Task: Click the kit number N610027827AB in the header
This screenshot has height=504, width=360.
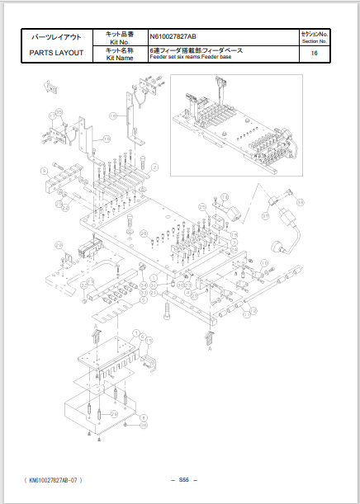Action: click(x=174, y=37)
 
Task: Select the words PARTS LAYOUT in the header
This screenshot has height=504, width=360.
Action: click(x=56, y=52)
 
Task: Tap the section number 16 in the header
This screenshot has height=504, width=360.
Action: click(x=314, y=53)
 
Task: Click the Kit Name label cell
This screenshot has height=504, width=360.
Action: click(x=119, y=53)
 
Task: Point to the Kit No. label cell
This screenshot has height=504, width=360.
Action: click(x=119, y=37)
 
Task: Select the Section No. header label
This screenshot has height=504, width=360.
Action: click(x=314, y=37)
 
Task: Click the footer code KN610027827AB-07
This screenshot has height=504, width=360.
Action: click(x=53, y=480)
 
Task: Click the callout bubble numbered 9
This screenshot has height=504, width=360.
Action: click(x=44, y=171)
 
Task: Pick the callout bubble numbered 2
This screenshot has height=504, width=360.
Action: click(x=154, y=167)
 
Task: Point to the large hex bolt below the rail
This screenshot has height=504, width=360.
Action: click(x=169, y=312)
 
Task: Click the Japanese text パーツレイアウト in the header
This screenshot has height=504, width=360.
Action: click(x=56, y=37)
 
